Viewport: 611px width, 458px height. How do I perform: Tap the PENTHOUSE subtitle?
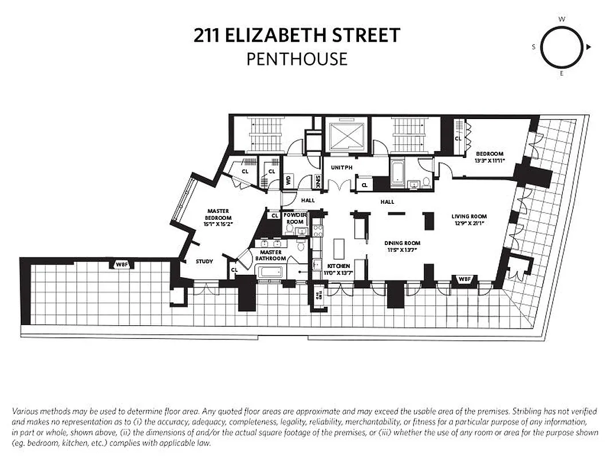tap(297, 59)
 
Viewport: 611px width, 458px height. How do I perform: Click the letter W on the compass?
tap(562, 19)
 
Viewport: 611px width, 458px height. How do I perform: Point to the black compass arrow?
tap(589, 48)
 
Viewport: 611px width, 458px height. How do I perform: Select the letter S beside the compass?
tap(534, 48)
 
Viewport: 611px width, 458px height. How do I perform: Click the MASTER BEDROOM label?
tap(218, 215)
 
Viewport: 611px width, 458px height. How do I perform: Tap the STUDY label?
tap(204, 261)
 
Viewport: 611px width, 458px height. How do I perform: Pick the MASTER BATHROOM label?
tap(271, 255)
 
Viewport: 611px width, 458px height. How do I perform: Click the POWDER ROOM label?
tap(294, 218)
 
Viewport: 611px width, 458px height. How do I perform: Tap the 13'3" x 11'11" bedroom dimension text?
tap(489, 161)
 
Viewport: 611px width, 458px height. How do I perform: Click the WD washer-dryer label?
tap(287, 180)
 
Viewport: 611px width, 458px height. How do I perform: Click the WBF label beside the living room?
tap(465, 279)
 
